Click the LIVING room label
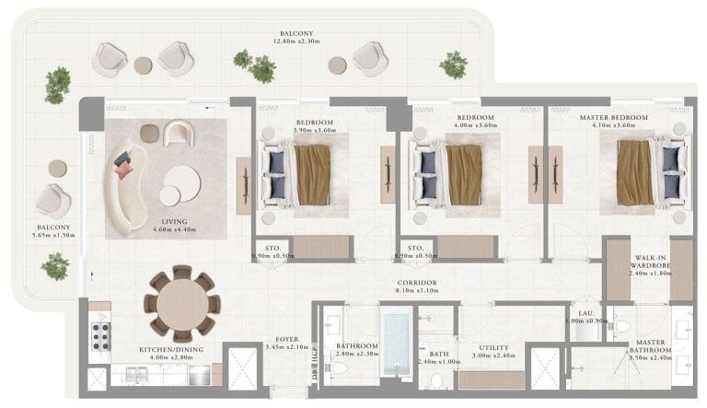tap(174, 222)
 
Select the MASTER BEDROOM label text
tap(613, 118)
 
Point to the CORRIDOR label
tap(417, 283)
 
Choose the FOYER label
tap(280, 339)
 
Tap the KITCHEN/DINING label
tap(170, 350)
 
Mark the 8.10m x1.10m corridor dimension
tap(417, 292)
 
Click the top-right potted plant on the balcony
tap(453, 64)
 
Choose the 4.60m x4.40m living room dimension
tap(174, 231)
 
